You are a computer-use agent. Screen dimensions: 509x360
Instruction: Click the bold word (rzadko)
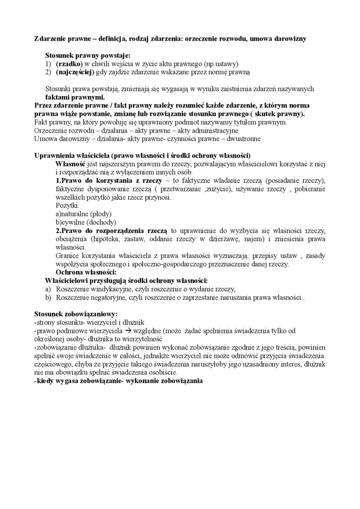coord(69,63)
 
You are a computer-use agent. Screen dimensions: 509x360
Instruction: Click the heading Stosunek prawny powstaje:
coord(84,55)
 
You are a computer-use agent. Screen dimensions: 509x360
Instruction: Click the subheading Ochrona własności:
coord(86,272)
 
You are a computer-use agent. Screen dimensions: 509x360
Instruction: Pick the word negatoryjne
coord(107,297)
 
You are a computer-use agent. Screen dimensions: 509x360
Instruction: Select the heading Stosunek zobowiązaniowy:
coord(76,314)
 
